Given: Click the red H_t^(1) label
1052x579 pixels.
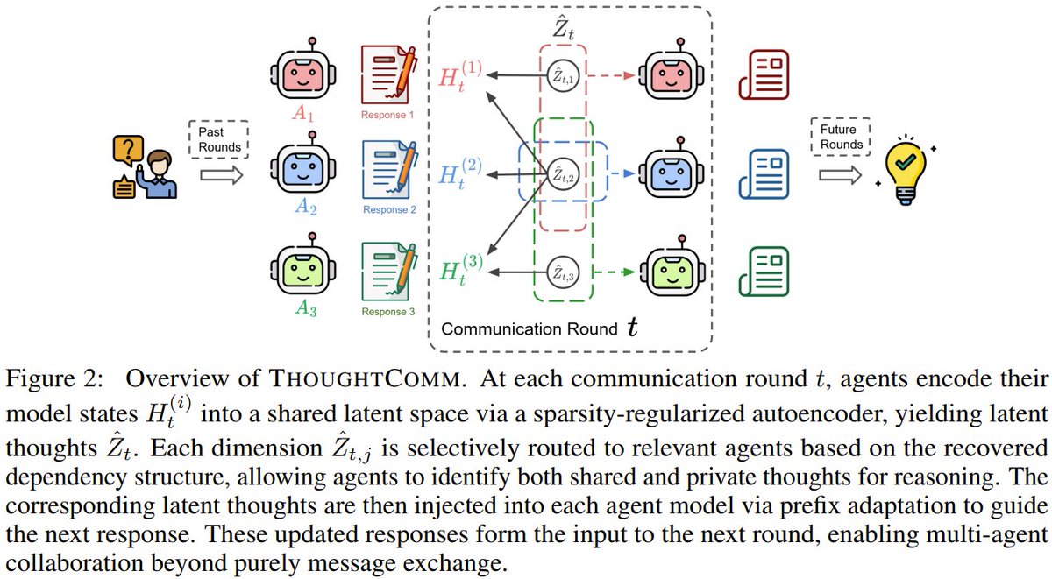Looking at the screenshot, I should click(x=458, y=76).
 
